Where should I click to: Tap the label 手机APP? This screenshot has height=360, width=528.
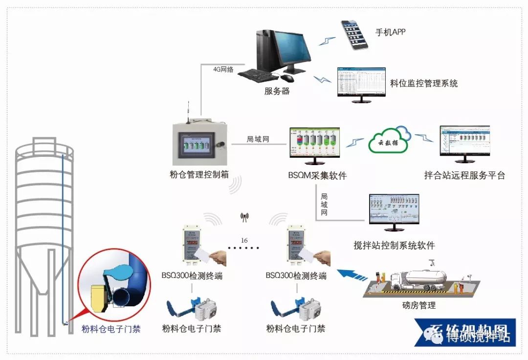(390, 33)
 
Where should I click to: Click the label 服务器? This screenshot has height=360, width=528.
(277, 91)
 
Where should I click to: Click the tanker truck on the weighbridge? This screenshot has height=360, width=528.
(418, 278)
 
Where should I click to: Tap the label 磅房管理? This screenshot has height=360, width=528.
(416, 306)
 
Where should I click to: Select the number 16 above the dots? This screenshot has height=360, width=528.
(244, 240)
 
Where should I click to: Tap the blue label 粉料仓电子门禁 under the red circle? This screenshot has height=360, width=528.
(111, 329)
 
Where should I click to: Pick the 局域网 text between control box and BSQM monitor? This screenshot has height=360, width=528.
(258, 139)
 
